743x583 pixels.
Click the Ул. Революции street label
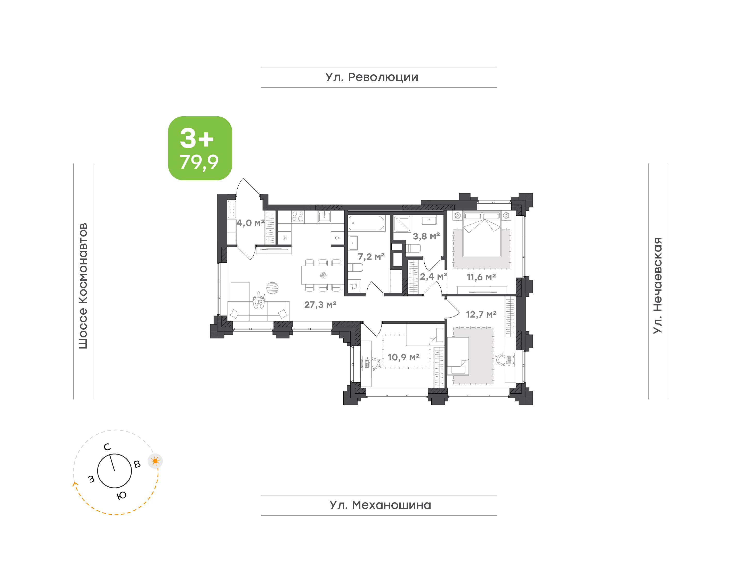pyautogui.click(x=372, y=77)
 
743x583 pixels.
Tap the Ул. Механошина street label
pyautogui.click(x=380, y=505)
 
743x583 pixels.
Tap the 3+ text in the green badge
pyautogui.click(x=197, y=138)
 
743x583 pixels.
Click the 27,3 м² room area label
pyautogui.click(x=320, y=304)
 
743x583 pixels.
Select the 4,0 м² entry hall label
pyautogui.click(x=251, y=223)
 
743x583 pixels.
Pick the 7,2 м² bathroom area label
pyautogui.click(x=371, y=256)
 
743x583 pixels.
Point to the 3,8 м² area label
pyautogui.click(x=426, y=236)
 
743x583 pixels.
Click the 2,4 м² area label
pyautogui.click(x=433, y=277)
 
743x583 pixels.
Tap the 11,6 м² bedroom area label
pyautogui.click(x=481, y=277)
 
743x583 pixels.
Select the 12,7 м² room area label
pyautogui.click(x=481, y=314)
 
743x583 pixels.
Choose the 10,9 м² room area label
pyautogui.click(x=403, y=357)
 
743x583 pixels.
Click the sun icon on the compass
pyautogui.click(x=155, y=461)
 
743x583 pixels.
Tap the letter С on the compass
pyautogui.click(x=107, y=447)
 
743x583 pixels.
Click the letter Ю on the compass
pyautogui.click(x=122, y=496)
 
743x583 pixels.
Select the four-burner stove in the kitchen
pyautogui.click(x=298, y=216)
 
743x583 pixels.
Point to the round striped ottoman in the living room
pyautogui.click(x=272, y=288)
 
